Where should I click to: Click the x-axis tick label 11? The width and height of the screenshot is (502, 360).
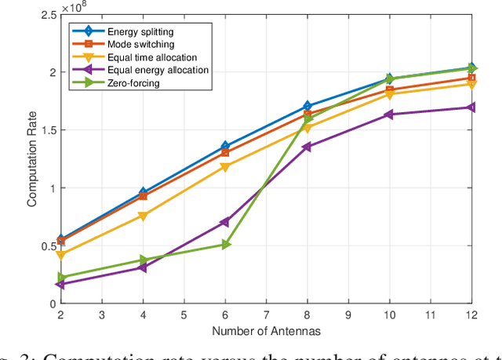(431, 315)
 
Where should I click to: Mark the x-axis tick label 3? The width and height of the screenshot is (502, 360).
(101, 315)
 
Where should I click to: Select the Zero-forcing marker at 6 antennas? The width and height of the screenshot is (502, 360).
(225, 245)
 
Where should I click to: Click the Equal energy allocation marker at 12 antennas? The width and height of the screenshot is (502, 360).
(471, 107)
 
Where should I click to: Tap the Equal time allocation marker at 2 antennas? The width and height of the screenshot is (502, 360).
(60, 255)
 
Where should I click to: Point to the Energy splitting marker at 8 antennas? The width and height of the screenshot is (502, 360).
(307, 106)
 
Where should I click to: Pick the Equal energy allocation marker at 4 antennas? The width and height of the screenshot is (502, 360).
(143, 268)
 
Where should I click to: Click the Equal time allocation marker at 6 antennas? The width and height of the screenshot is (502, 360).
(225, 167)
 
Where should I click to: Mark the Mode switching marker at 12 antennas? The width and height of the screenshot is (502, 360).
(471, 78)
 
